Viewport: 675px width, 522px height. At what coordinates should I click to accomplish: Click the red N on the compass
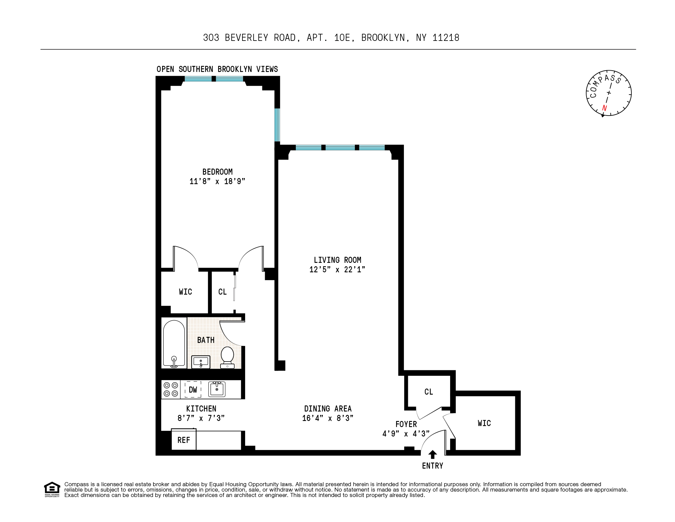(604, 108)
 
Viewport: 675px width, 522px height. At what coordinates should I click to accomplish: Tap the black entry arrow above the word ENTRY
(433, 454)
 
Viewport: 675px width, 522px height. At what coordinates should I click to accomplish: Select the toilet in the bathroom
(227, 357)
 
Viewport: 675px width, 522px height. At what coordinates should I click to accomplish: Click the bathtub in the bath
(174, 343)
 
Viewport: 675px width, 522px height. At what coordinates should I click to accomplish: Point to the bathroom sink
(201, 362)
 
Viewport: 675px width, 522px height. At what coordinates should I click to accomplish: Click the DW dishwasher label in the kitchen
(193, 390)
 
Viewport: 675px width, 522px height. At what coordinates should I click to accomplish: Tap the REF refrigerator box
(184, 440)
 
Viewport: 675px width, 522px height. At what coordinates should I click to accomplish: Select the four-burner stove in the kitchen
(171, 389)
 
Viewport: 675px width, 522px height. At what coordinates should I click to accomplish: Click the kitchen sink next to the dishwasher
(217, 389)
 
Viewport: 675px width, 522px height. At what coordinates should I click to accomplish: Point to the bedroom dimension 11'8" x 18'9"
(217, 181)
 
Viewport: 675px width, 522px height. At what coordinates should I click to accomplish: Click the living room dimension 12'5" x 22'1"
(337, 270)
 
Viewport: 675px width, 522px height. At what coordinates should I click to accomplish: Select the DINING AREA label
(328, 409)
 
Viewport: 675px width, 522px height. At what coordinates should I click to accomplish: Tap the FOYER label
(406, 424)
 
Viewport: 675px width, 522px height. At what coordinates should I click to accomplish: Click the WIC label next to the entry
(484, 423)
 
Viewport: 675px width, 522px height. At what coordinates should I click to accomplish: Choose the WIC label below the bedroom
(185, 292)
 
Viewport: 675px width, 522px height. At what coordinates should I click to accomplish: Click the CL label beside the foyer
(429, 392)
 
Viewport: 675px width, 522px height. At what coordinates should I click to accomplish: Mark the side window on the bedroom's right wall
(277, 125)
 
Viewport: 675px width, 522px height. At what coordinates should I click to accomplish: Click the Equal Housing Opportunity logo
(52, 489)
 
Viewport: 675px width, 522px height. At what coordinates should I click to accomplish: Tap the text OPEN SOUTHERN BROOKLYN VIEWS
(217, 69)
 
